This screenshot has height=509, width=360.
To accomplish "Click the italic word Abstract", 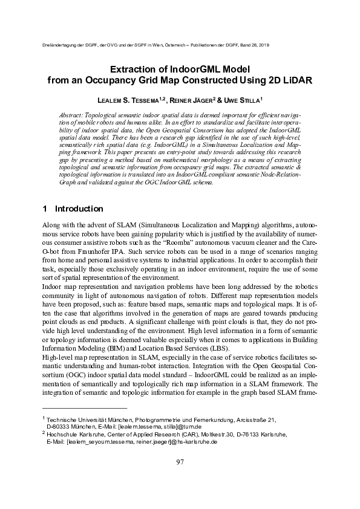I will [x=74, y=114].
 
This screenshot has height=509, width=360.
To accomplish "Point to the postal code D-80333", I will [x=60, y=426].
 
